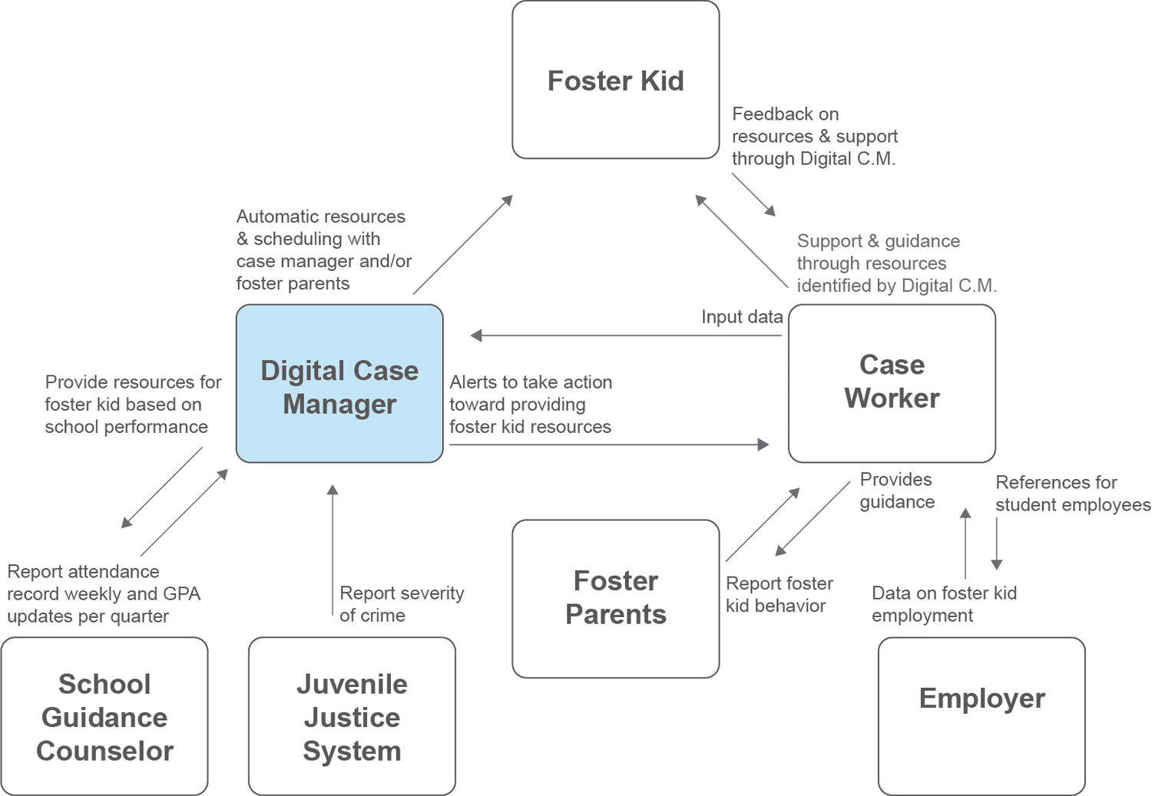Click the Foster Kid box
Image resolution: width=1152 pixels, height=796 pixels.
pos(615,80)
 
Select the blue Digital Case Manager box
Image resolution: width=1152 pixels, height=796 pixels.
pos(339,384)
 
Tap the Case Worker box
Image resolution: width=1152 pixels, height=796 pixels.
pos(892,383)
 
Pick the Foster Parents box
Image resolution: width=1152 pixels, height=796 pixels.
pos(615,598)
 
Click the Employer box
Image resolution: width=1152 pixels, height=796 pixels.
pos(982,715)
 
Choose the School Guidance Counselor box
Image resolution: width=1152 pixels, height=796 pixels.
pos(104,716)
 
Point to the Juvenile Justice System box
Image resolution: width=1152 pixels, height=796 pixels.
pos(352,716)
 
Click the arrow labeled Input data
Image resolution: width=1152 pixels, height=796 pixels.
pos(626,335)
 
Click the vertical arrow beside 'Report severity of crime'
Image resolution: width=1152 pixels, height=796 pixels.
pos(333,553)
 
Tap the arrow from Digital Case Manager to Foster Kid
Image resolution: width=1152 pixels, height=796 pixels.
pos(462,245)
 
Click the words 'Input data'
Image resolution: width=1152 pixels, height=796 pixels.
pos(742,317)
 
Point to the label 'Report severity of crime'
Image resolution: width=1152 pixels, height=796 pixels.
pos(401,604)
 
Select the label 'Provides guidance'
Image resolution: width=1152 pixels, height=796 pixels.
pos(897,490)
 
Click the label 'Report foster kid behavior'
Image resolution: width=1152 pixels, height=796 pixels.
pos(779,595)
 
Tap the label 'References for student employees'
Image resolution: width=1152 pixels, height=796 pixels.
pos(1072,494)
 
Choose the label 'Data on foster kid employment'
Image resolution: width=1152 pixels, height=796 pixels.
pos(944,604)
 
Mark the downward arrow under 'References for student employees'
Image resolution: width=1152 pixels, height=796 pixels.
pos(997,543)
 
